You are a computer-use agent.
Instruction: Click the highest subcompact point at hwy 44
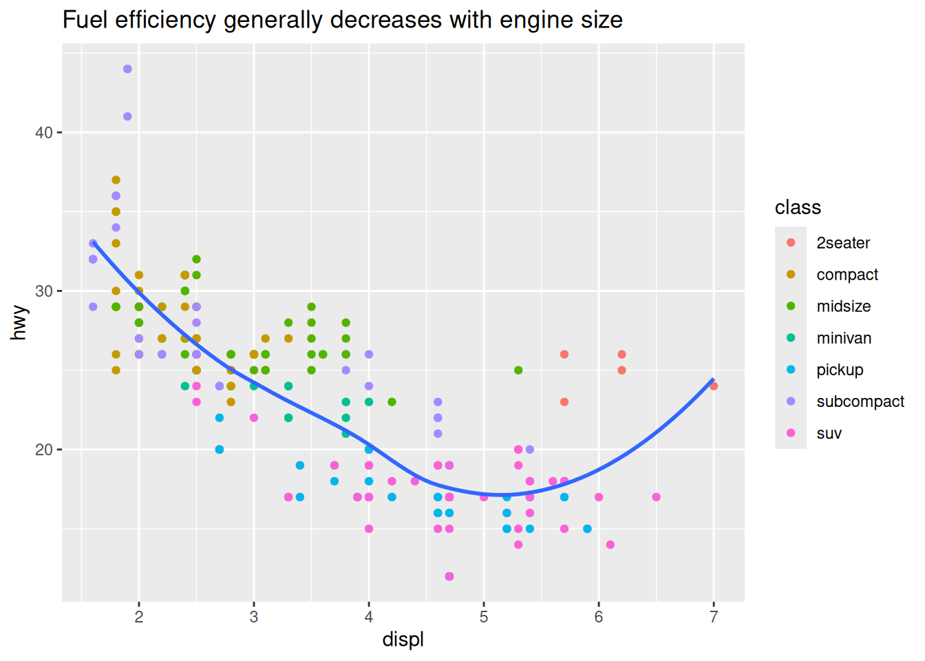point(127,69)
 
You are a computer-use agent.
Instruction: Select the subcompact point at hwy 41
point(127,116)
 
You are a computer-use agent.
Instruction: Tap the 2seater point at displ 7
point(714,386)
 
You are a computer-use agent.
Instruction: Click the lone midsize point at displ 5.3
point(518,370)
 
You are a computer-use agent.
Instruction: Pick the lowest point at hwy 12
point(449,576)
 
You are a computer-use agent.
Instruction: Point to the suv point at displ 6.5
point(656,497)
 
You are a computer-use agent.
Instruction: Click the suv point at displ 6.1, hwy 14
point(610,545)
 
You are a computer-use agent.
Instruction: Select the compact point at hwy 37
point(116,180)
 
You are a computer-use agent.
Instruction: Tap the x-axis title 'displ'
point(403,640)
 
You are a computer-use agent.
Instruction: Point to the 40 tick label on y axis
point(44,132)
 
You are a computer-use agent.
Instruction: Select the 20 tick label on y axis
point(44,450)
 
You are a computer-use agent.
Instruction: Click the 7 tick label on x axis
point(714,617)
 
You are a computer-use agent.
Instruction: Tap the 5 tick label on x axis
point(484,617)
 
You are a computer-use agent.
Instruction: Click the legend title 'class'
point(798,207)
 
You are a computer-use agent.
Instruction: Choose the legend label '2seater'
point(843,243)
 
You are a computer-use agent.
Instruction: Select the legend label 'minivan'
point(844,338)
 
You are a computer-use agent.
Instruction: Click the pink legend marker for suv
point(791,433)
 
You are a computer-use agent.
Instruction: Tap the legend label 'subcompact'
point(860,401)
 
